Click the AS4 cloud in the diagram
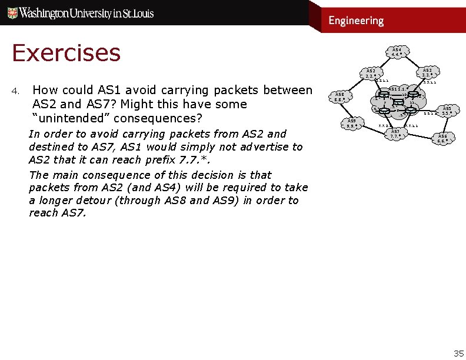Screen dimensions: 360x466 397,52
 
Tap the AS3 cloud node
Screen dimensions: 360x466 427,72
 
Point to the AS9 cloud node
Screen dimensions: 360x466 351,123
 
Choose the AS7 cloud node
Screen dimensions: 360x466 395,134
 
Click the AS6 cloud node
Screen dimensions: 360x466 442,138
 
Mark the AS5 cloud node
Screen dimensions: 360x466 447,111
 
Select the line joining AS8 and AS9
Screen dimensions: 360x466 344,110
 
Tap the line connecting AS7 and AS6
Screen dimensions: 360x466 420,135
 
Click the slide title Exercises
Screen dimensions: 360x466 66,53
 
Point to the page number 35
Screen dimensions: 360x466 458,353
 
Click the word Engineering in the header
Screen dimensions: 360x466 356,21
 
